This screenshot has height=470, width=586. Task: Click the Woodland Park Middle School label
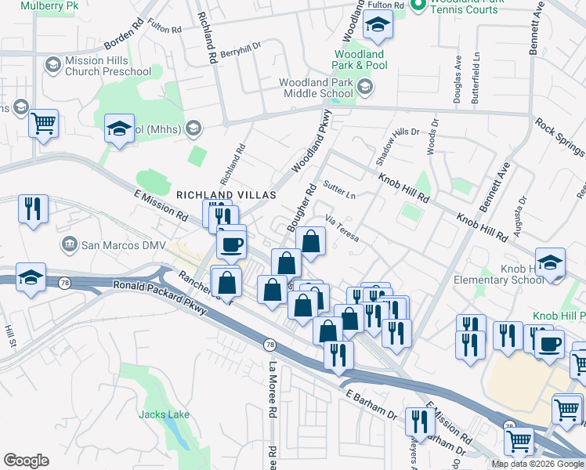coord(316,88)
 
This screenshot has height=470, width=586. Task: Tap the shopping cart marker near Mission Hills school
coord(43,123)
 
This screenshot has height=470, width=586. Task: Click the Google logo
coord(26,461)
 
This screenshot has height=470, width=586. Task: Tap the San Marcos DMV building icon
coord(70,245)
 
